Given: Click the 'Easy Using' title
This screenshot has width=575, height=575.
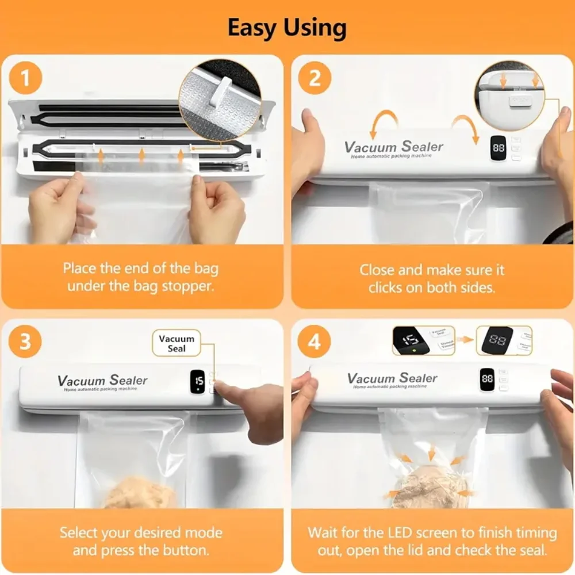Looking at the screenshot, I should tap(287, 27).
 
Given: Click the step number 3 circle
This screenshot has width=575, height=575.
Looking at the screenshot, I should tap(25, 341).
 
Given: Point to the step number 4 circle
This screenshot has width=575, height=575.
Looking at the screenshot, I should tap(315, 341).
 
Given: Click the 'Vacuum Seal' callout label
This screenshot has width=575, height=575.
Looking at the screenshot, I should tap(177, 343).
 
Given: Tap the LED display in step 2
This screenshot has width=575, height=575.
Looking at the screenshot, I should tap(499, 148).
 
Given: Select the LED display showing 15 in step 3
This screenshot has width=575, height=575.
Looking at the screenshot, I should tap(199, 381).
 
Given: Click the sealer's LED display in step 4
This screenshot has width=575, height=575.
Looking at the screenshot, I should tap(487, 379).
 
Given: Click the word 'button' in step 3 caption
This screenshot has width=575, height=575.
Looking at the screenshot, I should tap(181, 550).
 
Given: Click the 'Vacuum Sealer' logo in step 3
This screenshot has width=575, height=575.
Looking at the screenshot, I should tap(102, 381).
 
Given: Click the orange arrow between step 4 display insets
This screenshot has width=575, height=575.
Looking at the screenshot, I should tap(466, 340).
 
